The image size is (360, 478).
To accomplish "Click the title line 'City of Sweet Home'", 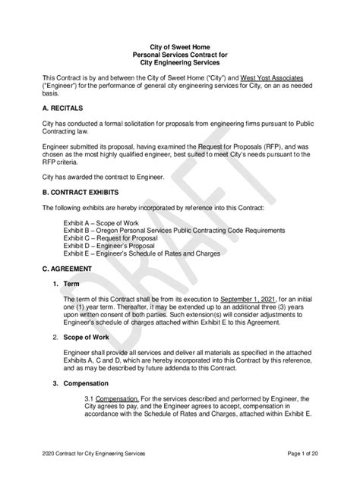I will [x=179, y=47].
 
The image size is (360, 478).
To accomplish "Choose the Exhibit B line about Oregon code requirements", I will [x=174, y=230].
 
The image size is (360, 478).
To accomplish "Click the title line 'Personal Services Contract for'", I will [x=179, y=55].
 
